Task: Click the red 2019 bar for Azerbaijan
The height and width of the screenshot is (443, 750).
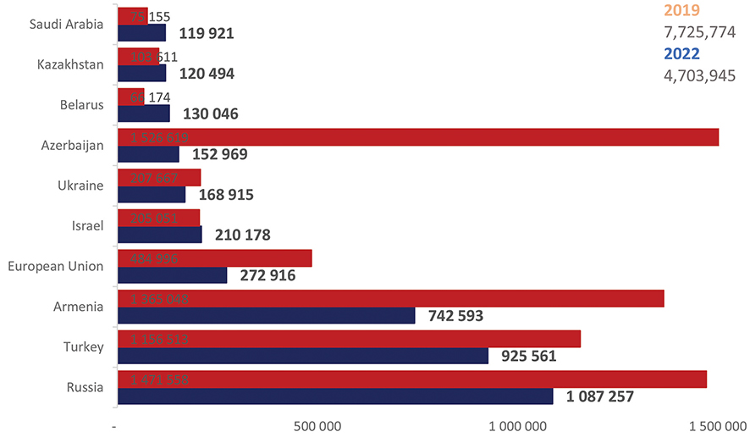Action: coord(418,137)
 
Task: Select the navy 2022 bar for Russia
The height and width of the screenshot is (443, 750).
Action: coord(335,396)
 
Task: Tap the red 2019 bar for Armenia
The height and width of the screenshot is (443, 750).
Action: coord(390,298)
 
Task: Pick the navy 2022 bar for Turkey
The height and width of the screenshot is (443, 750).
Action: coord(303,356)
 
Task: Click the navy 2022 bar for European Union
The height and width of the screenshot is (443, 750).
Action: coord(173,274)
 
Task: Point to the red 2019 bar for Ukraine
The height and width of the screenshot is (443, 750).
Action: coord(159,177)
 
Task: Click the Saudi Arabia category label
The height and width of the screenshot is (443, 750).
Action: coord(66,24)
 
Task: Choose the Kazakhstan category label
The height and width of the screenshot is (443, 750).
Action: coord(70,64)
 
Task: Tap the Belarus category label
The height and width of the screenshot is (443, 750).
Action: coord(81,105)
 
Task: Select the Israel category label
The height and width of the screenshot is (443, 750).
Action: coord(88,225)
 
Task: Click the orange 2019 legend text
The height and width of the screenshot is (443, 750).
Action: coord(681,11)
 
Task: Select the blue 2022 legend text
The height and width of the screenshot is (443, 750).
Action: coord(682,53)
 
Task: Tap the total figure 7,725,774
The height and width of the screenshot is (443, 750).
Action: coord(699,32)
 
